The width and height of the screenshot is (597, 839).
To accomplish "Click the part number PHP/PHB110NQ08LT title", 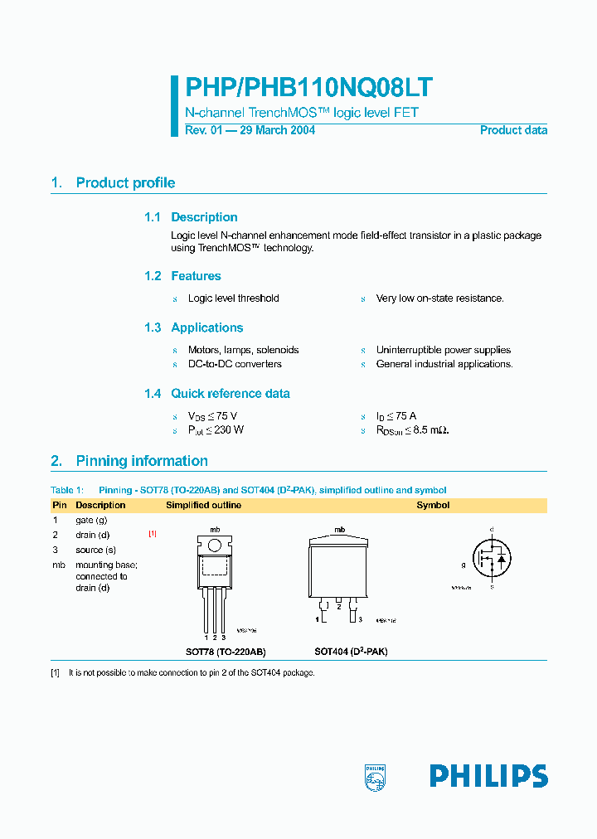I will tap(308, 89).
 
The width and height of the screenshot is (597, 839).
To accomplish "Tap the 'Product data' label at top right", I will tap(513, 130).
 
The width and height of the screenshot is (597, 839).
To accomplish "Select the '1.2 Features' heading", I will tap(182, 276).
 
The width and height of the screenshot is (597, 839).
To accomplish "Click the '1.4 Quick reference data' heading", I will tap(216, 394).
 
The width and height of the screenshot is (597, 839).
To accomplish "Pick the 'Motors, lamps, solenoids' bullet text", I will tap(243, 350).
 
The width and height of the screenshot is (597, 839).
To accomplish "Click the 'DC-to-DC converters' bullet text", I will tap(235, 364).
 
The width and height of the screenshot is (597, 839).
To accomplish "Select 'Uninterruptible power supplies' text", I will tap(444, 350).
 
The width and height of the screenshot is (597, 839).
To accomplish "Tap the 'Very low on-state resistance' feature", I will tap(439, 298).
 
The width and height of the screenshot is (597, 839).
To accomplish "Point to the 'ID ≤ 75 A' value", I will tap(396, 416).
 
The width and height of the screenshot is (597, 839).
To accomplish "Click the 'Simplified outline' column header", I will tap(204, 505).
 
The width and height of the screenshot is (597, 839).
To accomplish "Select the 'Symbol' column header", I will tap(433, 505).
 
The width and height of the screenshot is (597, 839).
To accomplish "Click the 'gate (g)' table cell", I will tap(91, 520).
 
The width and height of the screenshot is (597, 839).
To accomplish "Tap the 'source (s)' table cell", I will tap(95, 550).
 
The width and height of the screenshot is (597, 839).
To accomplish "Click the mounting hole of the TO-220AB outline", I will tap(215, 546).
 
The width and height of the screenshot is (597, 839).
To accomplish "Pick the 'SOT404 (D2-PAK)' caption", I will tap(351, 652).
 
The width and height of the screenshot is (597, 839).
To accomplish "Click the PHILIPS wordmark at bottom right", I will tap(488, 776).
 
